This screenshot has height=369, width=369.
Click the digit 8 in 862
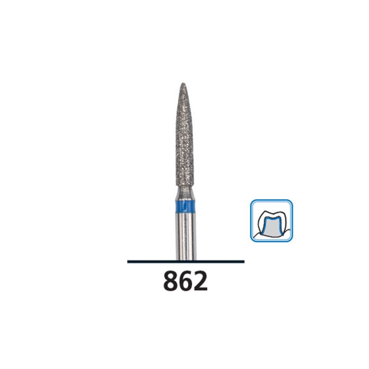pos(171,281)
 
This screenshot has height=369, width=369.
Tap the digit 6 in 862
pos(186,281)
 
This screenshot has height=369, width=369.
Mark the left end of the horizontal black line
pos(128,262)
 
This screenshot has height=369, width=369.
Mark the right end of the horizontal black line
pos(244,262)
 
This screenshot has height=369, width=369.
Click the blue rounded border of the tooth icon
pos(251,220)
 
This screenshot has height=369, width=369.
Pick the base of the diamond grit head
pos(186,184)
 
